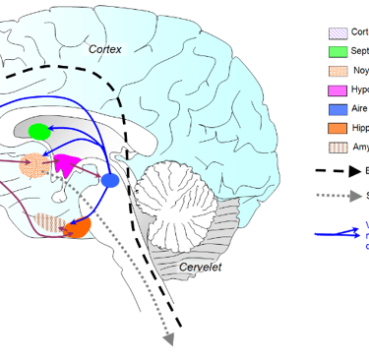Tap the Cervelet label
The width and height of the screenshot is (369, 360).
[201, 267]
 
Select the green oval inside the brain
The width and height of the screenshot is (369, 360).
[39, 131]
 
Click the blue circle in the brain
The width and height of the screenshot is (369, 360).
[110, 180]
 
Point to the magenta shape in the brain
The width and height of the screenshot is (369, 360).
[67, 164]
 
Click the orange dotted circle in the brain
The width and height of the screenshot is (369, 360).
[33, 165]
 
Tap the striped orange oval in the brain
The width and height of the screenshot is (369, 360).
[47, 222]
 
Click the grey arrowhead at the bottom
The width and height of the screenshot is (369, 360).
[168, 338]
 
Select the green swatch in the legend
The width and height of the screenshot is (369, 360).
[338, 51]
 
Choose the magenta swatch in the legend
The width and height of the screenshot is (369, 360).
[338, 90]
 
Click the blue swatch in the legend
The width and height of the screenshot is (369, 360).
[338, 109]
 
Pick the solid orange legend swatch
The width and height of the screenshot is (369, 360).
[338, 128]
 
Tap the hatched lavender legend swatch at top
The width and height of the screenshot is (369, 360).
[338, 32]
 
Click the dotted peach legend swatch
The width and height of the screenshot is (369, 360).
[338, 71]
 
